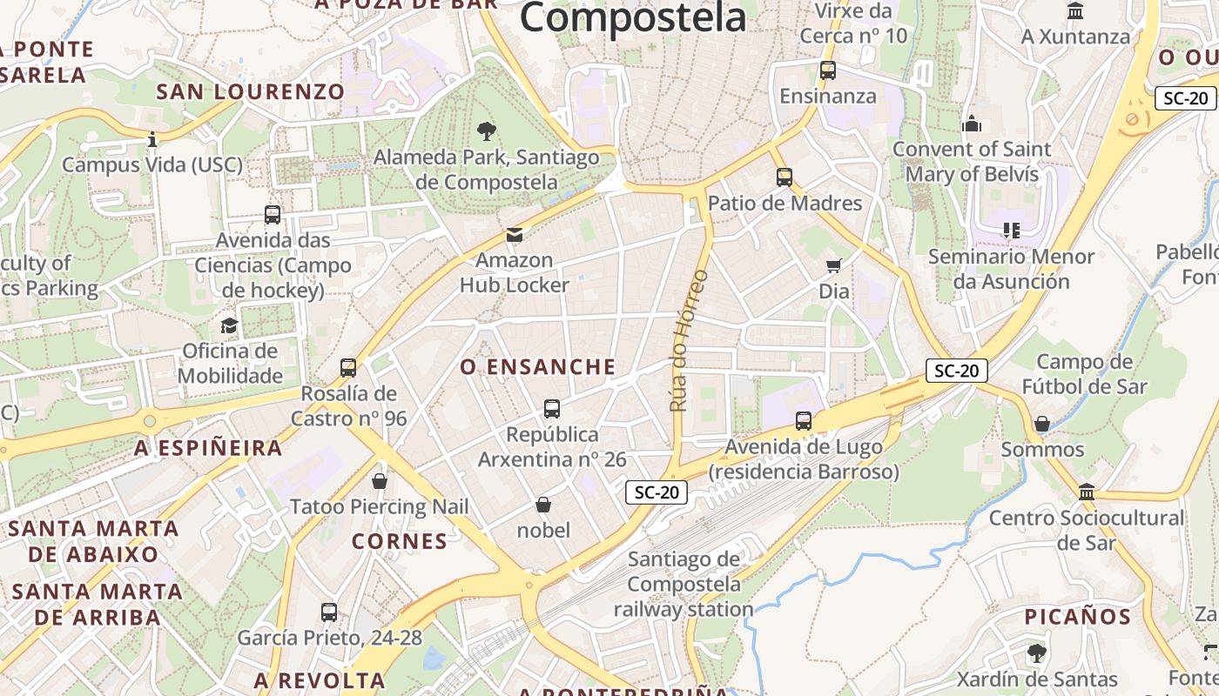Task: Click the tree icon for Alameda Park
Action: [x=487, y=131]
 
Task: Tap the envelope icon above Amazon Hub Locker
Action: [x=515, y=234]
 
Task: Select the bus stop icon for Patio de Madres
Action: [x=785, y=177]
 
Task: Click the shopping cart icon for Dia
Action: [x=833, y=265]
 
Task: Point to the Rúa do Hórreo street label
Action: [x=688, y=340]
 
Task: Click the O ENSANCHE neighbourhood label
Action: [x=538, y=367]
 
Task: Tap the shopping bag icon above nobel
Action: [x=543, y=505]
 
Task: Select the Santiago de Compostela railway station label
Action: [x=684, y=584]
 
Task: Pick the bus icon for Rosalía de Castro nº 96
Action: [x=348, y=368]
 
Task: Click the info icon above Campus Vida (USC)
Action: [x=152, y=139]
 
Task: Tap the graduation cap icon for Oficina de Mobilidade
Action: [x=229, y=325]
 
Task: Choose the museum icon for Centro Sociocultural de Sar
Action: [x=1087, y=492]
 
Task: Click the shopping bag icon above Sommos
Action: [x=1042, y=424]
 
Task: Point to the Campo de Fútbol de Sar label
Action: [x=1084, y=374]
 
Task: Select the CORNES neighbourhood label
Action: [x=400, y=541]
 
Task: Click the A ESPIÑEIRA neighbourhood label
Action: [x=209, y=448]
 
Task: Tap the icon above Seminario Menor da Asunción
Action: [x=1011, y=231]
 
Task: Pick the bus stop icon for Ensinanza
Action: [x=827, y=70]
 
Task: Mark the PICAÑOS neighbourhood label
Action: [x=1077, y=617]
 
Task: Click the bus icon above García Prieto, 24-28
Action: [x=329, y=612]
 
